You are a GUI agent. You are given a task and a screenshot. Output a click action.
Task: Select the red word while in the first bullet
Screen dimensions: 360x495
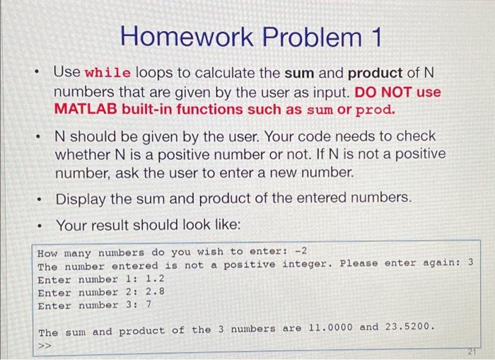click(107, 74)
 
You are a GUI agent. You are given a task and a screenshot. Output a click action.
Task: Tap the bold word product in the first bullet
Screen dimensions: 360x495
click(375, 73)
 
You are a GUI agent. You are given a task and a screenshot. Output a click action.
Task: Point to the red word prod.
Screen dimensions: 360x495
click(375, 110)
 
